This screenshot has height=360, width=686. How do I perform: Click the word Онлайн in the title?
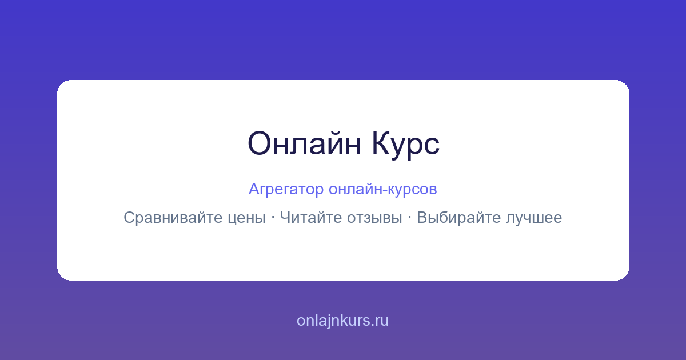[x=304, y=143]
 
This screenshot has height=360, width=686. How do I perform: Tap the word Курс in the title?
[x=406, y=145]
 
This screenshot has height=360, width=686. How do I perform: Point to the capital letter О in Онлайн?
[x=259, y=143]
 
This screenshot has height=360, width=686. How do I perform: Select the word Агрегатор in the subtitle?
[x=286, y=190]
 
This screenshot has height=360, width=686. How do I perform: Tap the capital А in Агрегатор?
[x=254, y=189]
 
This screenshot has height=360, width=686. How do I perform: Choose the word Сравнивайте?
[x=173, y=218]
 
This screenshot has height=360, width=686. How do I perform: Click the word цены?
[x=247, y=218]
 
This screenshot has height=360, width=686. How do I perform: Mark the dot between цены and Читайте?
[x=273, y=218]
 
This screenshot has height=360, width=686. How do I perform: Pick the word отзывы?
[x=374, y=218]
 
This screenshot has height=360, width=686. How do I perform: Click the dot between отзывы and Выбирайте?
[x=409, y=218]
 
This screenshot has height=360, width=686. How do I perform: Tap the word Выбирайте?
[x=458, y=218]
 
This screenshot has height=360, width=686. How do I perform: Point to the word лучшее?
[x=534, y=218]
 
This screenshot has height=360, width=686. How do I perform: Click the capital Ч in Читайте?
[x=285, y=217]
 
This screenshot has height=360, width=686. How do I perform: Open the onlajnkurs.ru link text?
[x=342, y=321]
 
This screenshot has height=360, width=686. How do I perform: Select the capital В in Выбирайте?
[x=422, y=217]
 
